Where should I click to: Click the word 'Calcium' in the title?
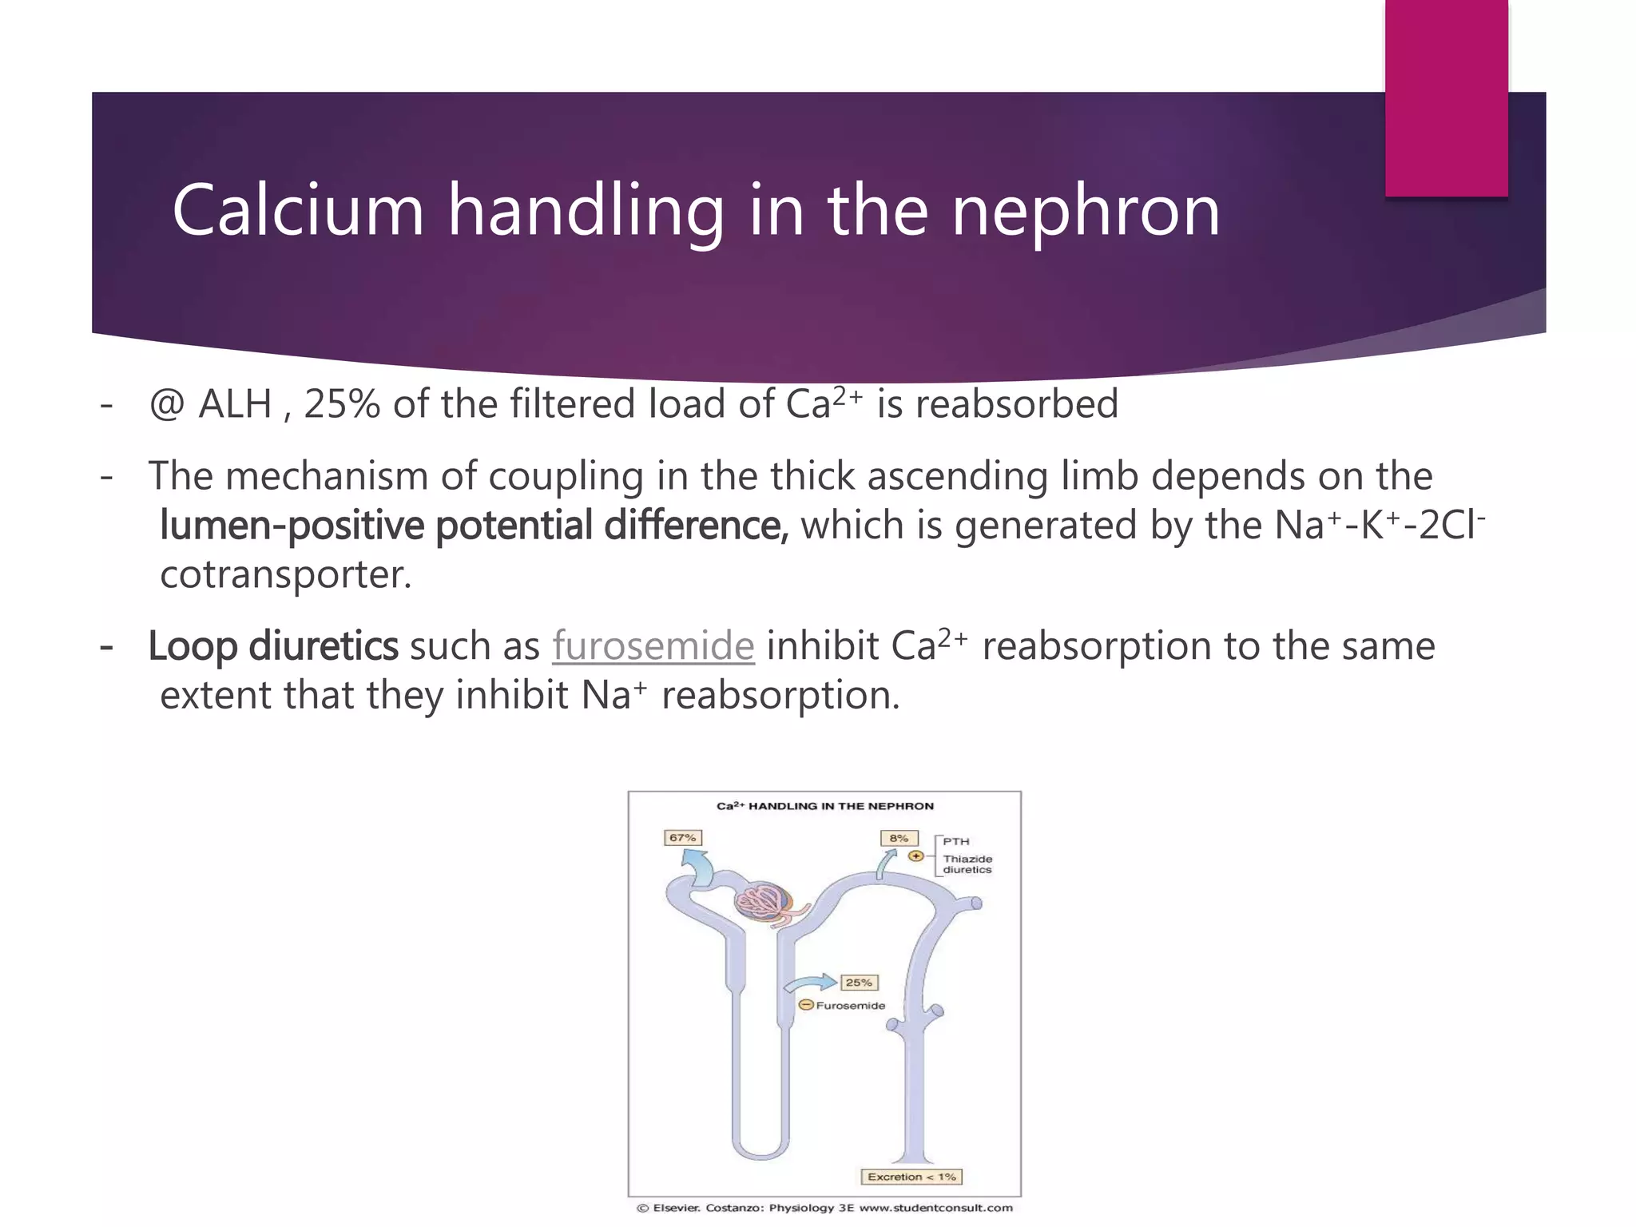click(x=297, y=210)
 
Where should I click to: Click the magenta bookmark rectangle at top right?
click(x=1446, y=97)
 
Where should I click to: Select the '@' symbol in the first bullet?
click(x=167, y=404)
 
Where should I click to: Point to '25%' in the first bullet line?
click(x=342, y=404)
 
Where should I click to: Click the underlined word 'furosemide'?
click(x=653, y=645)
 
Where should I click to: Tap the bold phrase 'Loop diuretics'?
click(x=272, y=645)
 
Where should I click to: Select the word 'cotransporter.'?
click(x=285, y=574)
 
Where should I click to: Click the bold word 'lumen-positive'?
click(x=292, y=526)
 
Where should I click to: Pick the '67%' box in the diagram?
click(x=683, y=838)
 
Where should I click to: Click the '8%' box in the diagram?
click(x=899, y=838)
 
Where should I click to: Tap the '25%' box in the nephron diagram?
click(x=859, y=983)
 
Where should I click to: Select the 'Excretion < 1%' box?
click(x=911, y=1177)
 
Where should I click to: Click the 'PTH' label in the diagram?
click(x=955, y=841)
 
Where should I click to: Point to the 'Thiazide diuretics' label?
click(x=967, y=864)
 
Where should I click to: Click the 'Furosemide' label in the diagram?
click(x=850, y=1006)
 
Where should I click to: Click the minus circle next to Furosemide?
click(x=806, y=1006)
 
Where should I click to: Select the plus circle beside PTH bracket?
click(x=916, y=856)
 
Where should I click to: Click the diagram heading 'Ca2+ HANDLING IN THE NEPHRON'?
click(x=824, y=806)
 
